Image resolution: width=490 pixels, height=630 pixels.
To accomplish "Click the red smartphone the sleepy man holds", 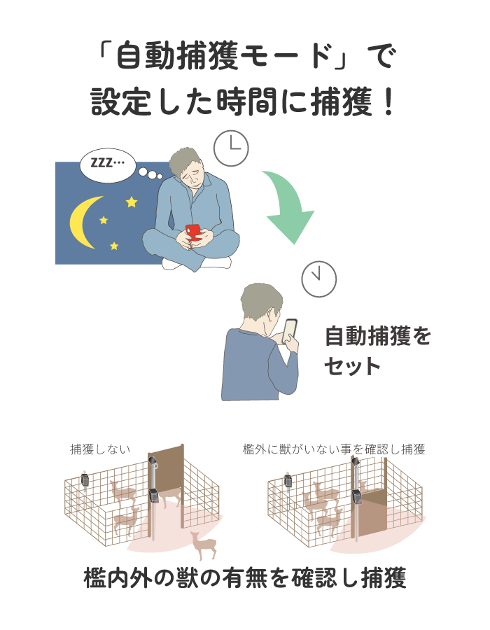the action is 194,232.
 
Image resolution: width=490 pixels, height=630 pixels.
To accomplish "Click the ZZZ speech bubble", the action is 108,164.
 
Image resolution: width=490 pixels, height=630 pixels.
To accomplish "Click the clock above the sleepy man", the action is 231,148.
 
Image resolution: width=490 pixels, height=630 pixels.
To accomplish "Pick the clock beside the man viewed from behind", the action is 319,279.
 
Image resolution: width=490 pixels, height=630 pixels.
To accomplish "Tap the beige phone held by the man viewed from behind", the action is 290,330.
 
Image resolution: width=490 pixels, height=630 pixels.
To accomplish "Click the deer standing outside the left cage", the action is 204,545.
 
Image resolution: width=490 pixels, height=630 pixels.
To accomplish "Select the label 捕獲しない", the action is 100,449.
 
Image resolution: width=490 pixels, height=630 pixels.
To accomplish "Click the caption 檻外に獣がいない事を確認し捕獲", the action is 334,449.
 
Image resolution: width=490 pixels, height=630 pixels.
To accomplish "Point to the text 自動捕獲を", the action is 377,336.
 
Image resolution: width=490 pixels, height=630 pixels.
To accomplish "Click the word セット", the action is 352,366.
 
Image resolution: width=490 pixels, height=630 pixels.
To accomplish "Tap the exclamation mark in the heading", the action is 388,102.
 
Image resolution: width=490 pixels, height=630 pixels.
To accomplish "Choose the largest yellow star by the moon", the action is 132,202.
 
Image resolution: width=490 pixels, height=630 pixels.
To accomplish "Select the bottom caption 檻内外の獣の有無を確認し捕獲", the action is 245,577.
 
